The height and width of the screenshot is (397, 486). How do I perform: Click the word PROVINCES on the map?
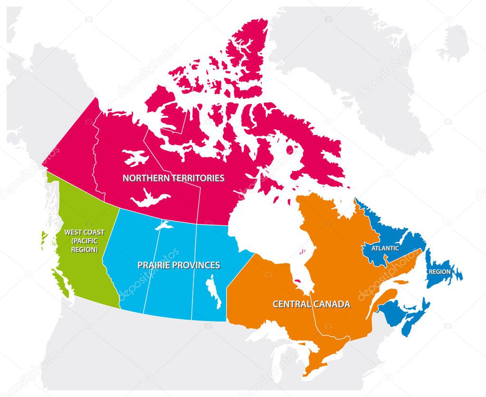coord(197,265)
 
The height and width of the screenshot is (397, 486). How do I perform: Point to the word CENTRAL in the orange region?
coord(291,304)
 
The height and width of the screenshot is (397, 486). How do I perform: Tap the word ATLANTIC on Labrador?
coord(385,248)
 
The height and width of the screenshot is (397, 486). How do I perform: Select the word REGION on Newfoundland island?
coord(440,272)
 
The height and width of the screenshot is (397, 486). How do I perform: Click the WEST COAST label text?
coord(84,233)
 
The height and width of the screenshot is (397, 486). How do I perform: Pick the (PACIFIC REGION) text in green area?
coord(84,246)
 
